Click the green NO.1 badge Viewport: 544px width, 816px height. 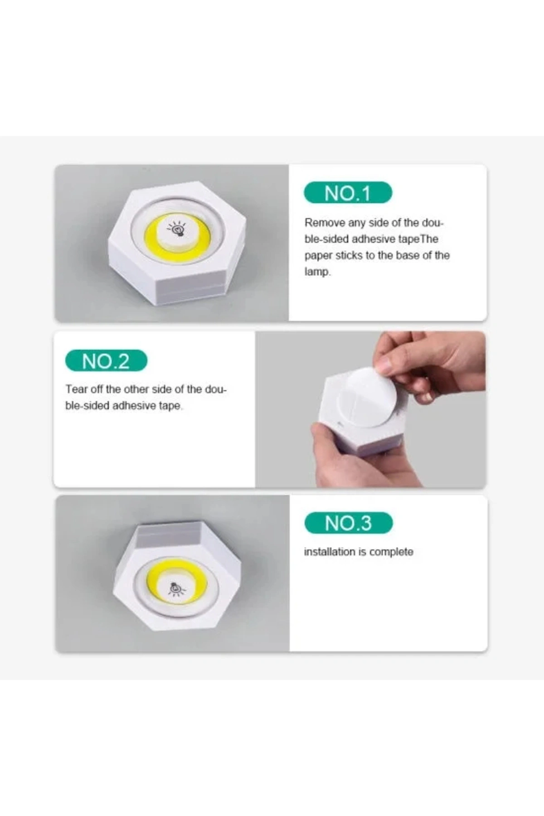pos(348,193)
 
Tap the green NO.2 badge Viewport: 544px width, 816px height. pos(106,361)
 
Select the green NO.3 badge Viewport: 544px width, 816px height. pos(348,523)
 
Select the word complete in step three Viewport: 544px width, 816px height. pos(391,552)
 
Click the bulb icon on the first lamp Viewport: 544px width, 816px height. pos(178,229)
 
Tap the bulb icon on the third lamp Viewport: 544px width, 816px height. pos(176,588)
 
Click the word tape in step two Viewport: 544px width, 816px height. pos(170,406)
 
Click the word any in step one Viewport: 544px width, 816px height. pos(357,223)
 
